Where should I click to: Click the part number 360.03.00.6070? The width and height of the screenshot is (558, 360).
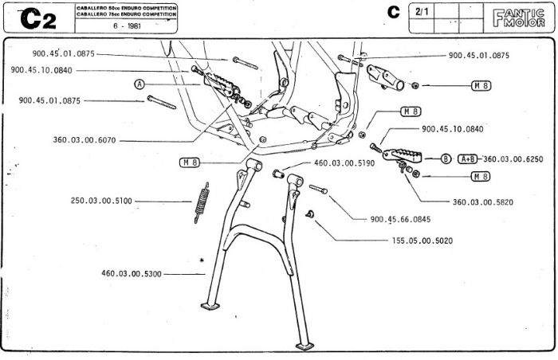tap(84, 140)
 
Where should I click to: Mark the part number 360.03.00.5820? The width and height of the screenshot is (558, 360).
tap(483, 202)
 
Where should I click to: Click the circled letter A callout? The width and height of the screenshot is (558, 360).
tap(140, 84)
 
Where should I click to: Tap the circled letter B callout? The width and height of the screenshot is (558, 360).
tap(446, 158)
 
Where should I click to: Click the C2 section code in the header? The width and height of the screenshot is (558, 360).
tap(37, 19)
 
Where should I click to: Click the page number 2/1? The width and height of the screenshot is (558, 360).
tap(422, 13)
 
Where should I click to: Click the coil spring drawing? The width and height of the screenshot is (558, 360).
tap(202, 202)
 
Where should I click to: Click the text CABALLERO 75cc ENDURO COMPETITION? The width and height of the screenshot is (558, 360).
tap(126, 15)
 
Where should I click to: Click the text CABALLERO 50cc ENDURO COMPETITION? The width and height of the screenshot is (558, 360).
tap(126, 9)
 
